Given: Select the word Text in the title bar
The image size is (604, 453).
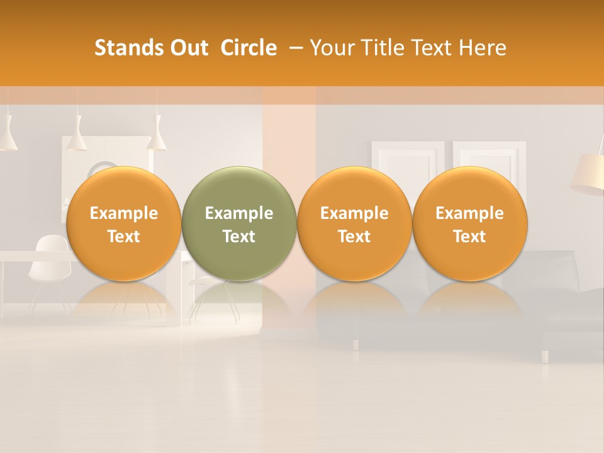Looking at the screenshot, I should click(433, 48).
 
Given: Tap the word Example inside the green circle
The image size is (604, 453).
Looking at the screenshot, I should click(239, 213).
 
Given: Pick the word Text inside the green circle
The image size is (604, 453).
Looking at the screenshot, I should click(239, 237).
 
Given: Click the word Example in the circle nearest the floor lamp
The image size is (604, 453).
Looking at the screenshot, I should click(469, 213).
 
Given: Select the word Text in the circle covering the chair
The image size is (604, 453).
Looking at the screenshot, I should click(123, 237).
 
